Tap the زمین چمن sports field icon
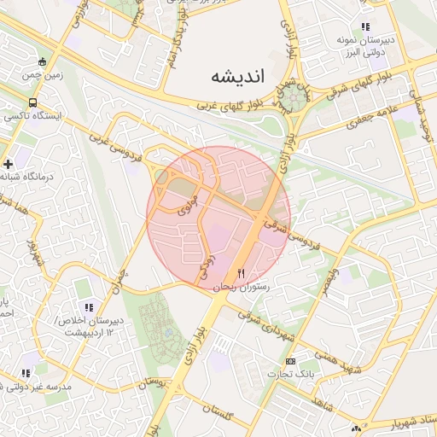click(x=43, y=61)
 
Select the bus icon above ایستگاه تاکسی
click(x=33, y=102)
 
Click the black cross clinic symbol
click(x=9, y=163)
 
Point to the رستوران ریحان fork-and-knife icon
click(x=242, y=274)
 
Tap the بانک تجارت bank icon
click(x=290, y=361)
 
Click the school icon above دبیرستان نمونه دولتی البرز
click(x=365, y=27)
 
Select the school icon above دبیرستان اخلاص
click(x=88, y=307)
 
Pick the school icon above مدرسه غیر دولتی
click(x=26, y=373)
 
